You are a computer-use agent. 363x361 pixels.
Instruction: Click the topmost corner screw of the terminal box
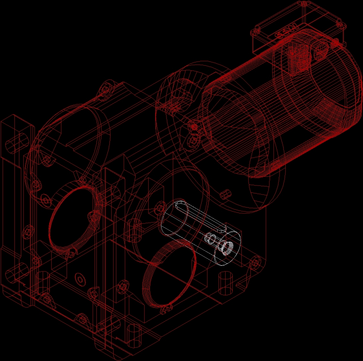click(x=304, y=4)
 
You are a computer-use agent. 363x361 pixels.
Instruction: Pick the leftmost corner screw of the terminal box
click(x=256, y=31)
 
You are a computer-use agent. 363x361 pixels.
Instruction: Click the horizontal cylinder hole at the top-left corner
click(x=15, y=142)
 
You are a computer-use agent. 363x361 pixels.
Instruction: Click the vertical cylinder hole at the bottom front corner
click(x=133, y=336)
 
